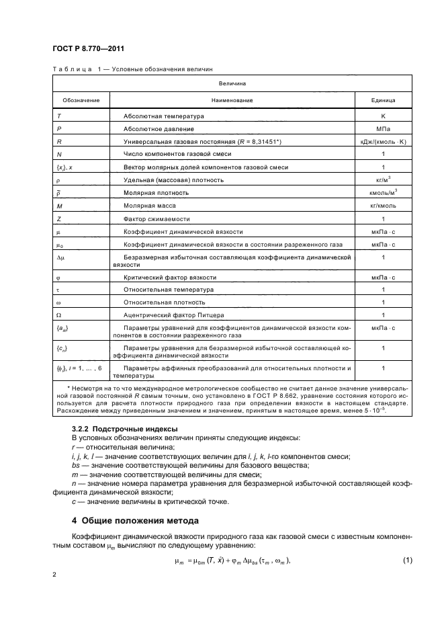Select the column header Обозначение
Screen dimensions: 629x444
[x=81, y=100]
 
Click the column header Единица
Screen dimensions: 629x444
[x=383, y=100]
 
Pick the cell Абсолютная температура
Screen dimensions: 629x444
[x=164, y=116]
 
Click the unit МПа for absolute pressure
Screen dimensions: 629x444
[x=383, y=129]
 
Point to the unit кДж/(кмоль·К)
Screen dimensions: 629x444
[x=383, y=142]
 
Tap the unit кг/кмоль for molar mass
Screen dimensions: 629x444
[x=383, y=206]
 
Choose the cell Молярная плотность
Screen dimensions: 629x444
[x=156, y=193]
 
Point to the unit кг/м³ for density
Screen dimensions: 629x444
[x=383, y=179]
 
